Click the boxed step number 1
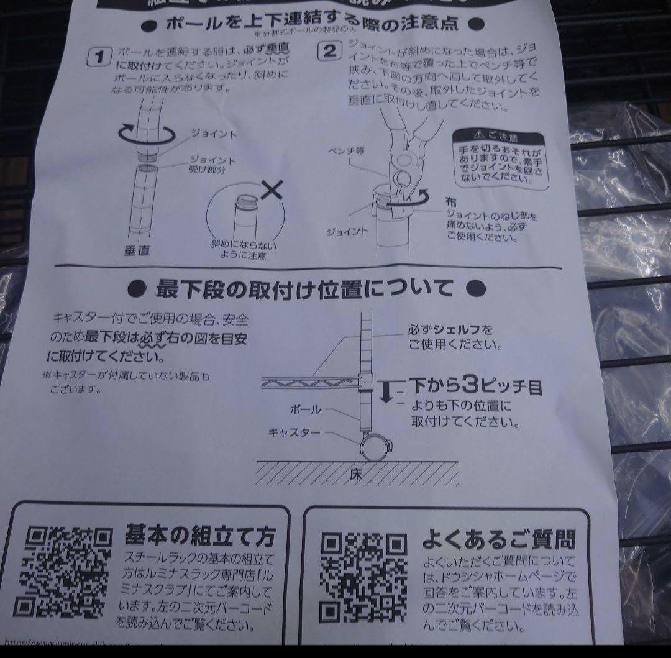[x=99, y=58]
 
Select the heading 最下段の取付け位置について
[x=306, y=289]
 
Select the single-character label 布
[x=450, y=201]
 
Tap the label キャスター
[x=294, y=431]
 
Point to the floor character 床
[x=356, y=475]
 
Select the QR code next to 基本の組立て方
[x=62, y=571]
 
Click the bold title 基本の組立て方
[x=199, y=534]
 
